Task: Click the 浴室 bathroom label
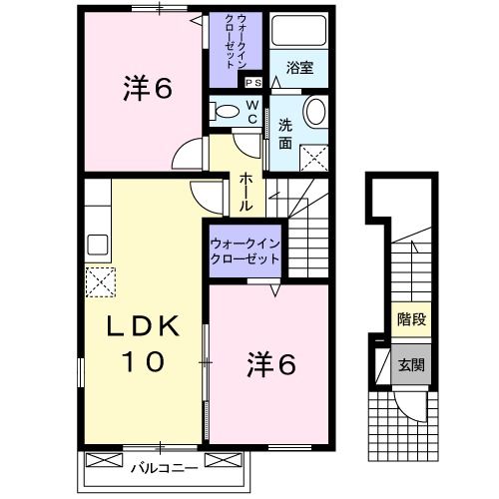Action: point(300,69)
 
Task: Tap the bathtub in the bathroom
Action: point(300,35)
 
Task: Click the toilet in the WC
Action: point(228,110)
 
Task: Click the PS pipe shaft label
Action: point(251,83)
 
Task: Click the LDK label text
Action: point(143,327)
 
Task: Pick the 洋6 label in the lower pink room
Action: point(271,366)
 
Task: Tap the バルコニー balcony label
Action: point(164,464)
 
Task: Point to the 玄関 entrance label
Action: point(410,364)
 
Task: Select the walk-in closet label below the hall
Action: point(244,249)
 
